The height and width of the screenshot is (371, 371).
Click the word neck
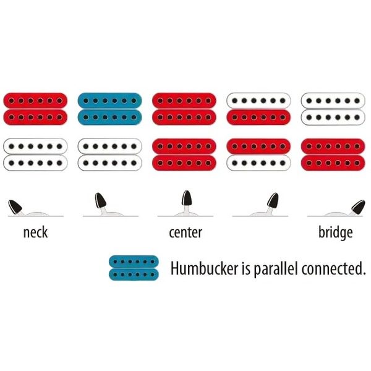(x=35, y=232)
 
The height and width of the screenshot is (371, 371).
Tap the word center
(x=185, y=232)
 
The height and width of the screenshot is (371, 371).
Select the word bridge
(x=336, y=233)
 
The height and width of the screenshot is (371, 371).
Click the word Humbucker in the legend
(x=205, y=268)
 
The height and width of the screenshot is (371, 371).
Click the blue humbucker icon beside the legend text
(x=134, y=268)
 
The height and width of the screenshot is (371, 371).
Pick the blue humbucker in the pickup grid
(x=110, y=109)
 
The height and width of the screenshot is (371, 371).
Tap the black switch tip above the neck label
(x=15, y=207)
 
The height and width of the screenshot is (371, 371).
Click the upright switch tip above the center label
(x=187, y=198)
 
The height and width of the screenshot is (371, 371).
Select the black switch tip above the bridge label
(x=358, y=207)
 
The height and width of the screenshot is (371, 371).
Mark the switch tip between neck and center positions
(x=100, y=200)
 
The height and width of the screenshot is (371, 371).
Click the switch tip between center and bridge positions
(x=273, y=200)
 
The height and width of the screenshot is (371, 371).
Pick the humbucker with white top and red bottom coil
(x=258, y=109)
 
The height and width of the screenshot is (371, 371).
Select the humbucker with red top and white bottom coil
(x=258, y=155)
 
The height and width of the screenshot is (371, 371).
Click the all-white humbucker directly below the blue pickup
(x=110, y=155)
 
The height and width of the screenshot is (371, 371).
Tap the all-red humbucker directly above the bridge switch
(x=333, y=155)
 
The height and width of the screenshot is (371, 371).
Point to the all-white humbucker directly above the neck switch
(x=35, y=155)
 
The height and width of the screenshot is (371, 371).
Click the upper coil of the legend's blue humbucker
(x=134, y=262)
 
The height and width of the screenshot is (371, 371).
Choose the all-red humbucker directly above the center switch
(x=184, y=155)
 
